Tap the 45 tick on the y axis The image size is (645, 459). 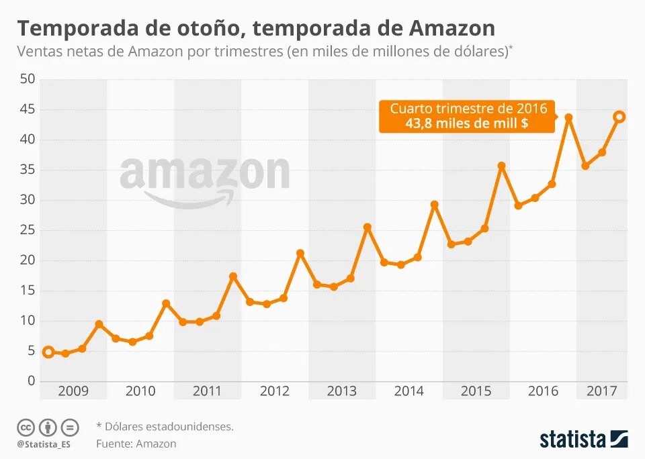pyautogui.click(x=28, y=109)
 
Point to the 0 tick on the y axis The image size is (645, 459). pyautogui.click(x=31, y=380)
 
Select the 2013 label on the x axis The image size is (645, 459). pyautogui.click(x=341, y=391)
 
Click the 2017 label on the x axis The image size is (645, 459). pyautogui.click(x=601, y=391)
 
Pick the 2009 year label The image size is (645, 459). pyautogui.click(x=73, y=391)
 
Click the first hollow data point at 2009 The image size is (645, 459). pyautogui.click(x=48, y=352)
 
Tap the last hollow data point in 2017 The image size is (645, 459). pyautogui.click(x=619, y=117)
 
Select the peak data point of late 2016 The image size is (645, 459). pyautogui.click(x=568, y=117)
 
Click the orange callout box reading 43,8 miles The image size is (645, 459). pyautogui.click(x=468, y=116)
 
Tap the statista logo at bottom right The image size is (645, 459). pyautogui.click(x=583, y=440)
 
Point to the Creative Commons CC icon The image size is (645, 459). pyautogui.click(x=26, y=427)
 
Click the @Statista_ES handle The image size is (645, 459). pyautogui.click(x=44, y=444)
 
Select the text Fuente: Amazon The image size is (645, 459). pyautogui.click(x=136, y=444)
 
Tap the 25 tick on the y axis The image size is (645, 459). pyautogui.click(x=28, y=230)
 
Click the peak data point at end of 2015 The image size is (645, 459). pyautogui.click(x=501, y=166)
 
